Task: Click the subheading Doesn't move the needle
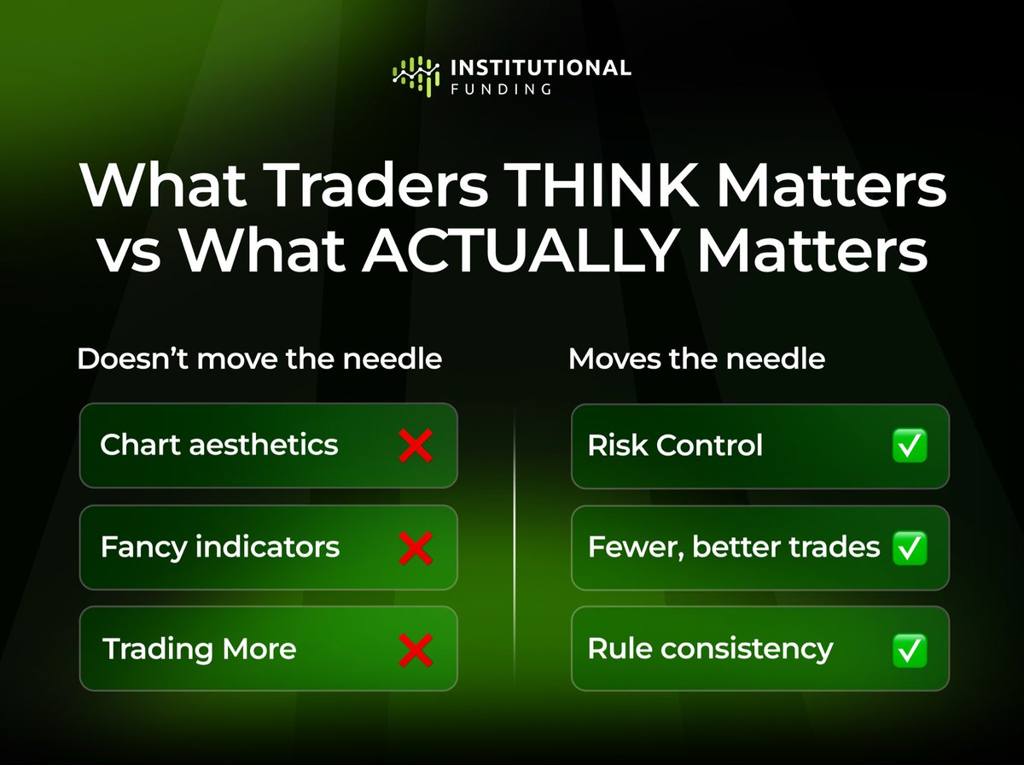259,359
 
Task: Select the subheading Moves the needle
696,359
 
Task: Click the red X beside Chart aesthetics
416,446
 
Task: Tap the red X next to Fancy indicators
416,546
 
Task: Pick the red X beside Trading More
416,650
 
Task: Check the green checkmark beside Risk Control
910,446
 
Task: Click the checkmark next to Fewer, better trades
910,547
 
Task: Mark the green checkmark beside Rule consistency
910,651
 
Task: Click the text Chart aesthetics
219,445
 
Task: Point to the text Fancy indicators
220,546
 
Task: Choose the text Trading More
200,649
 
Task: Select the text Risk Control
675,445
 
